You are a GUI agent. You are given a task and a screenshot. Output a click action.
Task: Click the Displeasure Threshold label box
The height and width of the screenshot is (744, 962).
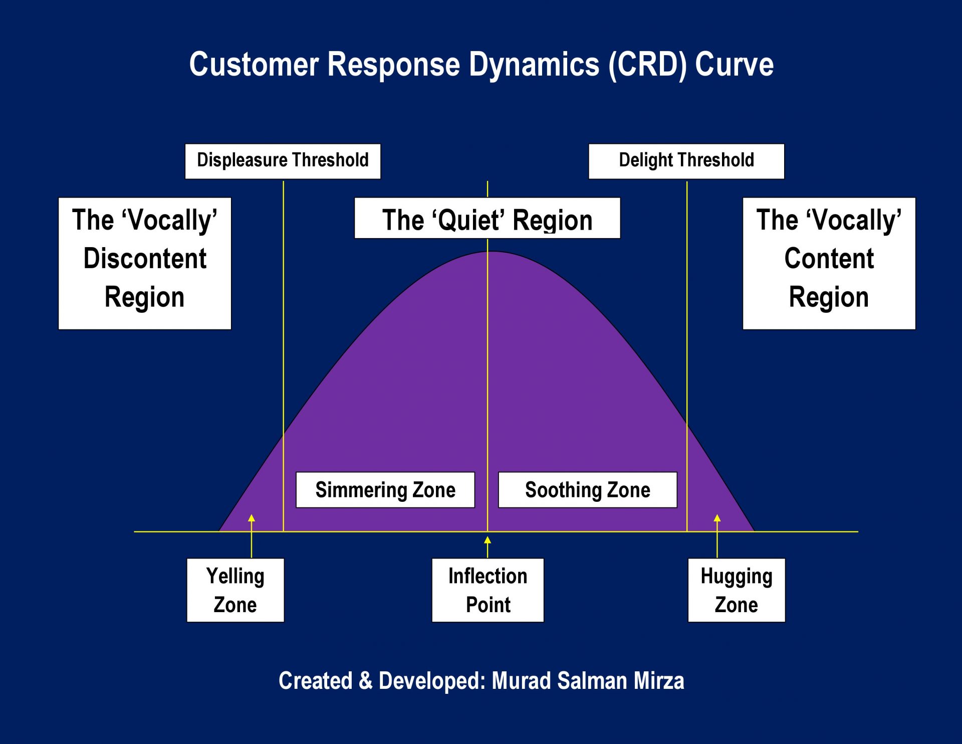[x=283, y=161]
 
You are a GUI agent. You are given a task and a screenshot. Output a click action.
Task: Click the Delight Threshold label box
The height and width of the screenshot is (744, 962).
[x=686, y=161]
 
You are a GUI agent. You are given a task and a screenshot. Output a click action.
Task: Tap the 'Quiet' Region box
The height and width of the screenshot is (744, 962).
[x=487, y=219]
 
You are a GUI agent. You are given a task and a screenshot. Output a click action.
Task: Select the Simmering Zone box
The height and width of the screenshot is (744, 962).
[x=385, y=490]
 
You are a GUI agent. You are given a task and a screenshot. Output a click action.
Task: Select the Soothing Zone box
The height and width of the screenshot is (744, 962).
[x=587, y=490]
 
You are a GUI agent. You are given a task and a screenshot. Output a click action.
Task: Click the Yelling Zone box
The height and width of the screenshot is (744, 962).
[x=235, y=590]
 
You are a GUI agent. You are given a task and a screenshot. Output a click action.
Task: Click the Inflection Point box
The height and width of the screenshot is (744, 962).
[x=488, y=590]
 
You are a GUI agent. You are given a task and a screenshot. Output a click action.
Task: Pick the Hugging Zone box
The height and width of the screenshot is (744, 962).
[x=736, y=590]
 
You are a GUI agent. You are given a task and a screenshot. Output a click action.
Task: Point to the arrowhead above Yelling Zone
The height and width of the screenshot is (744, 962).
[x=252, y=518]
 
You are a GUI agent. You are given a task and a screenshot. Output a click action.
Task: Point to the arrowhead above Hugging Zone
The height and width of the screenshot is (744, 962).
[x=717, y=518]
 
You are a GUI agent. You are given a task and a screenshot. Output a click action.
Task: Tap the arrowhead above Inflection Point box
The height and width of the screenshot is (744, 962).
[x=488, y=540]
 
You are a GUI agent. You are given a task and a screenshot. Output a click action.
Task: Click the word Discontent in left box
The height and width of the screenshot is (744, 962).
[x=145, y=259]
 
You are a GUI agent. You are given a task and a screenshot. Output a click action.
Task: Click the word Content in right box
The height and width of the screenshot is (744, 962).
[x=829, y=259]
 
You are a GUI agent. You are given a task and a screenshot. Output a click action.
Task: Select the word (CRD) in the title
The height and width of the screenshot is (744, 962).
[x=647, y=65]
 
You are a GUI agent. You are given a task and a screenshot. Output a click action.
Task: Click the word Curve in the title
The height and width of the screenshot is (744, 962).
[x=734, y=65]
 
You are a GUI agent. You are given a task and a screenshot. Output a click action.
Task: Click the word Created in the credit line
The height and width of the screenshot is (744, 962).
[x=315, y=681]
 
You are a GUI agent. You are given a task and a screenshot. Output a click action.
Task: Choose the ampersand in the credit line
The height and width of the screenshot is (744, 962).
[x=366, y=681]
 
